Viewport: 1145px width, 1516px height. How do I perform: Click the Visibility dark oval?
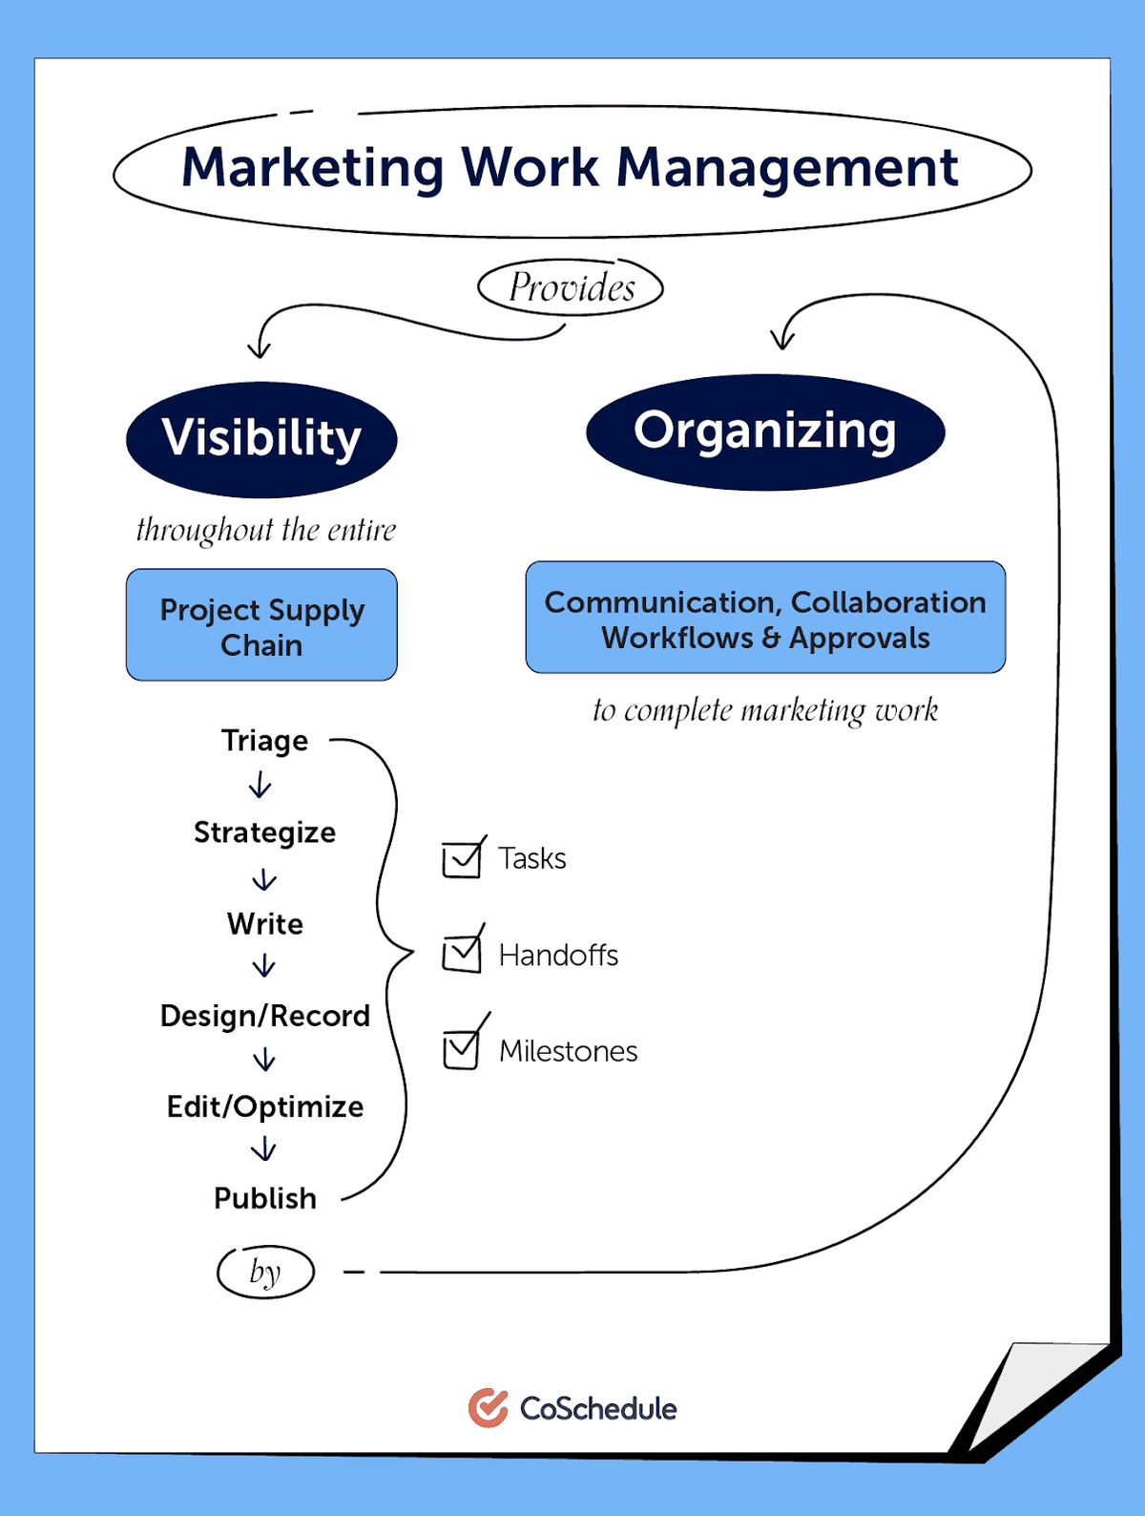(261, 439)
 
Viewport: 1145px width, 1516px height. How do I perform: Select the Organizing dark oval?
(765, 432)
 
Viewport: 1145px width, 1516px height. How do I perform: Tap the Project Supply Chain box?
(261, 625)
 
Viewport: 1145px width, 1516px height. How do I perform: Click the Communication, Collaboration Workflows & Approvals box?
(765, 618)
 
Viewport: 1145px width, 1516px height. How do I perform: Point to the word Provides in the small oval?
(571, 287)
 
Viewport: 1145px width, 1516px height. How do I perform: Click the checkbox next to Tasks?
(462, 859)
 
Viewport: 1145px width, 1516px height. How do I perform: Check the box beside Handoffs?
(462, 954)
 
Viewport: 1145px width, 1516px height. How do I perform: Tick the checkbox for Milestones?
(462, 1050)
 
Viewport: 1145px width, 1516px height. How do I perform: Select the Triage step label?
(265, 741)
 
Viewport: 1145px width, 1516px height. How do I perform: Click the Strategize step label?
(265, 832)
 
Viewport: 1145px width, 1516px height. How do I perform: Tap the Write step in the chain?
(265, 924)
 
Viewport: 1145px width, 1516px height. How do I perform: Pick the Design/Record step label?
(265, 1016)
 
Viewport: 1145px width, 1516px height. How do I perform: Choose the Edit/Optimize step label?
(265, 1106)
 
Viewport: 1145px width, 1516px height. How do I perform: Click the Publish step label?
(265, 1198)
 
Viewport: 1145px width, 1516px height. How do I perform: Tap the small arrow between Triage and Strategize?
(260, 786)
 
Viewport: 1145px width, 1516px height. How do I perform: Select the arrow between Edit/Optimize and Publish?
(264, 1149)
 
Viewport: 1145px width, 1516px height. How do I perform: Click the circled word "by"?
(265, 1272)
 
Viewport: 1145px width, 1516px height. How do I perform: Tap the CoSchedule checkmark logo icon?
(489, 1408)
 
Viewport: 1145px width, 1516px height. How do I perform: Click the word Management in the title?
(787, 168)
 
